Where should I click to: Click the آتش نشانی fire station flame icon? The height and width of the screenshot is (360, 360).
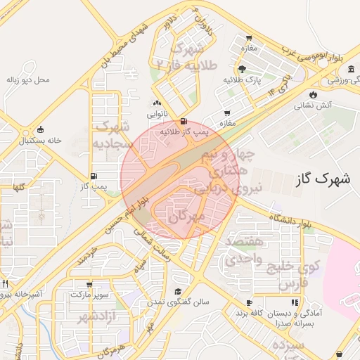[x=313, y=94]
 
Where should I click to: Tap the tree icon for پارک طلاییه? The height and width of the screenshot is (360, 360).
[x=242, y=69]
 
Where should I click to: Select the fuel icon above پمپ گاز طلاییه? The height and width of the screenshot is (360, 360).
[x=184, y=121]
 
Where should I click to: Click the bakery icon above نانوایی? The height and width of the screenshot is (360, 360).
[x=156, y=103]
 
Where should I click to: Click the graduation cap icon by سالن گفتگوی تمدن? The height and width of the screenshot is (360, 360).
[x=179, y=291]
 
